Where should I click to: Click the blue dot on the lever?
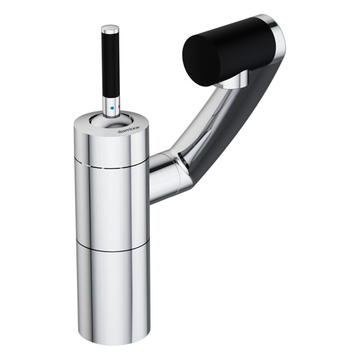point(112,107)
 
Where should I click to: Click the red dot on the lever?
point(119,107)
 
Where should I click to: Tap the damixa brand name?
point(128,130)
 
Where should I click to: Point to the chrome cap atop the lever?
point(110,28)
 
